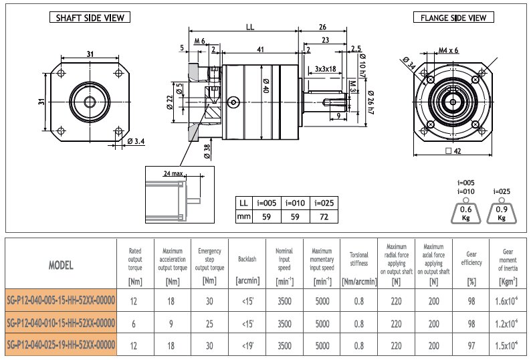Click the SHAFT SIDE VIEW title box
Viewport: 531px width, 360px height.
[90, 17]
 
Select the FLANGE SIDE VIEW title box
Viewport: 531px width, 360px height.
[453, 17]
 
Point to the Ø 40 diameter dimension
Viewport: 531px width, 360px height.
[266, 86]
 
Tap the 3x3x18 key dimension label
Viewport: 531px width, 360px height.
[326, 69]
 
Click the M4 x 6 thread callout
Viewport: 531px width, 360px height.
[448, 50]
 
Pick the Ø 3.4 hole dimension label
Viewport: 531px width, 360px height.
[136, 141]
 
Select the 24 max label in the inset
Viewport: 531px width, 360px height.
[173, 173]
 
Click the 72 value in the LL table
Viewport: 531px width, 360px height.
[324, 217]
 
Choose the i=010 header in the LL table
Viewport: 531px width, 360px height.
[296, 203]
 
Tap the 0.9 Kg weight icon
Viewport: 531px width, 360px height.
[502, 211]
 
